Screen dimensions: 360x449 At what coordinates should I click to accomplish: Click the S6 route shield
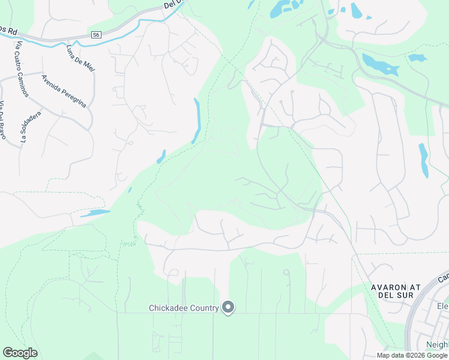(x=96, y=35)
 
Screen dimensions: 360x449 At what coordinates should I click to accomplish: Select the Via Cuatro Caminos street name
(x=25, y=62)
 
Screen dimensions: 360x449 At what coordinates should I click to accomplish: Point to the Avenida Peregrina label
(x=64, y=91)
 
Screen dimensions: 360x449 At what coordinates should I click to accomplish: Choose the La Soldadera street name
(x=30, y=126)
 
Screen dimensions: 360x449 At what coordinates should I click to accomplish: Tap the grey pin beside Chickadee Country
(x=228, y=307)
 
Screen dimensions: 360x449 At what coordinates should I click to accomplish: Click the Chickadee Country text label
(x=183, y=308)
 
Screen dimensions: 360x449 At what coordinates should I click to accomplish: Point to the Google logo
(x=20, y=353)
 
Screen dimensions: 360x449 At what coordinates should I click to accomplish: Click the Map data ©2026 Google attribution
(x=412, y=355)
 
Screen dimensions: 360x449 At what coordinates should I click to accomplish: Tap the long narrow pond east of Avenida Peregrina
(x=196, y=120)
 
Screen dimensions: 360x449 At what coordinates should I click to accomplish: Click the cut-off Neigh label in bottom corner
(x=436, y=344)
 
